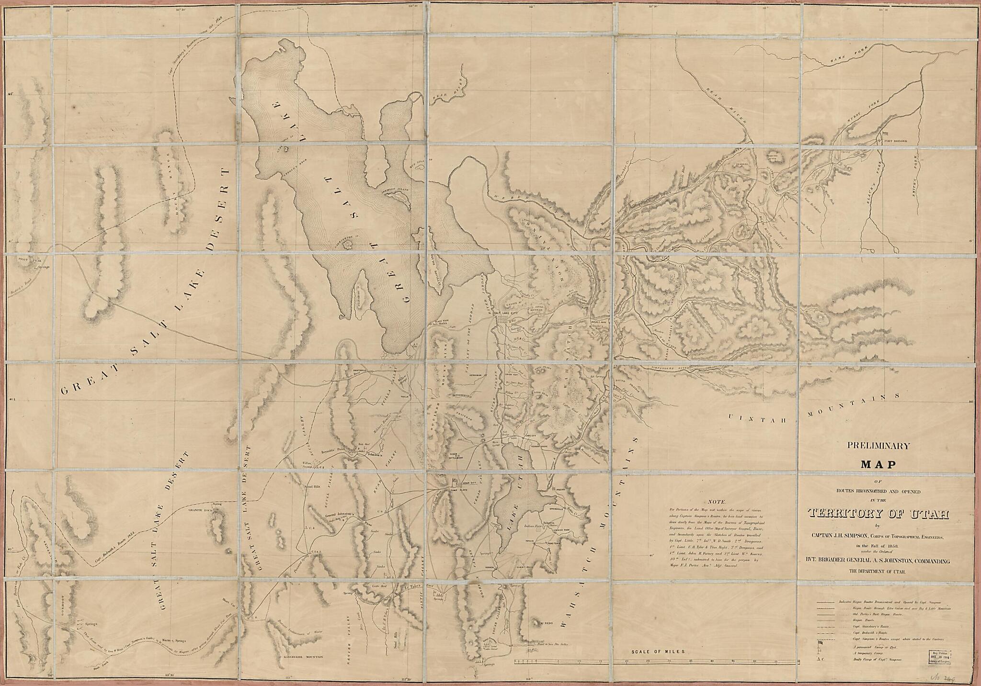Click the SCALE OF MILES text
659,652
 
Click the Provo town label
561,491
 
